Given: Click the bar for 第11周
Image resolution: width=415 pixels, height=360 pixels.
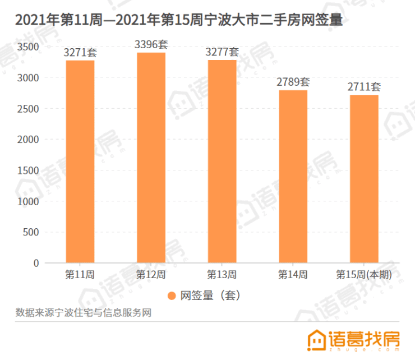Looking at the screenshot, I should [80, 161].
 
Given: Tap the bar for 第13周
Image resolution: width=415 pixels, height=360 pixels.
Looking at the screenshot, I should [222, 161].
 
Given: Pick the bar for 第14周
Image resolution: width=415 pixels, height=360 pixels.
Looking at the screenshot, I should [293, 176].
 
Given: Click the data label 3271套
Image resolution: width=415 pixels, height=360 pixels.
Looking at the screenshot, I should [80, 53].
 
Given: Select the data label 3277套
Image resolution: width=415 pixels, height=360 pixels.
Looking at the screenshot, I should [222, 52].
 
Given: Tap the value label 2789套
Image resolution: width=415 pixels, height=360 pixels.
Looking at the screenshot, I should [293, 82].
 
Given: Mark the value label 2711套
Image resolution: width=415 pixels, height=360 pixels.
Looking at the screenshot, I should [365, 87].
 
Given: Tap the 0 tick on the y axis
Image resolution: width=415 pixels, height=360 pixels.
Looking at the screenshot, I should [36, 263].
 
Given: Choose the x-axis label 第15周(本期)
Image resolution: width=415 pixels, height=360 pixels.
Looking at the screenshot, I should [364, 275].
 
